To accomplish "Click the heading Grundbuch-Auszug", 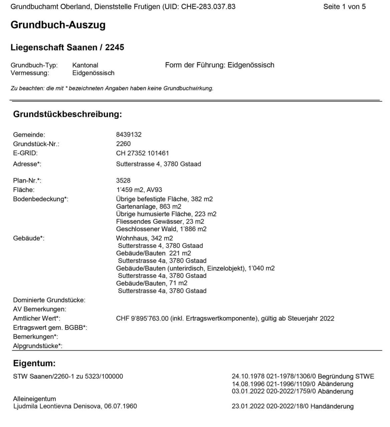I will [58, 25].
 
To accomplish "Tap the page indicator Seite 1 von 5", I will [344, 7].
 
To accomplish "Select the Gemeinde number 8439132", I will [129, 134].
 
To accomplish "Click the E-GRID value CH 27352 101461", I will [142, 153].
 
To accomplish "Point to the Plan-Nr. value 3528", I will [123, 180].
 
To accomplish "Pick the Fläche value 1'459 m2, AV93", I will [139, 190].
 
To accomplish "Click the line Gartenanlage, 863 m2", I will [149, 206].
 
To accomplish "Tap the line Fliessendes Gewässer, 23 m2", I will [160, 222].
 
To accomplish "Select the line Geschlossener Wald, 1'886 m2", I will [161, 229].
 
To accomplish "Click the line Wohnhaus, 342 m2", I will [144, 238].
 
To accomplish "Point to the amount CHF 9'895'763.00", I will [142, 318].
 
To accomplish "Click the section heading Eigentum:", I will [34, 363].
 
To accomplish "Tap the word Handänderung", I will [336, 406].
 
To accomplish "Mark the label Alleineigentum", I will [34, 399].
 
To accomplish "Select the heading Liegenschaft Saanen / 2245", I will [67, 47].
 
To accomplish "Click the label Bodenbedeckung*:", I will [40, 199].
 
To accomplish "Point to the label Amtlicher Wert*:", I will [36, 318].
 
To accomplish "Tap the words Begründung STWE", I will [346, 376].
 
